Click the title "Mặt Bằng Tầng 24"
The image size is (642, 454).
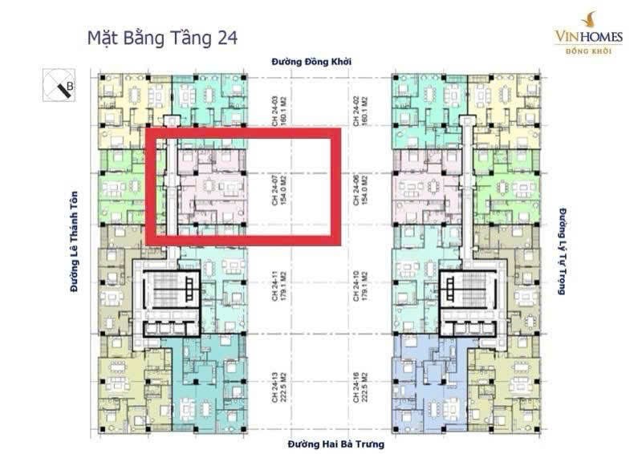pos(161,37)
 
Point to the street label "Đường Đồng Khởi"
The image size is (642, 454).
pos(311,62)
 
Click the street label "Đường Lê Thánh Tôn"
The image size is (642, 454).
pos(75,241)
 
